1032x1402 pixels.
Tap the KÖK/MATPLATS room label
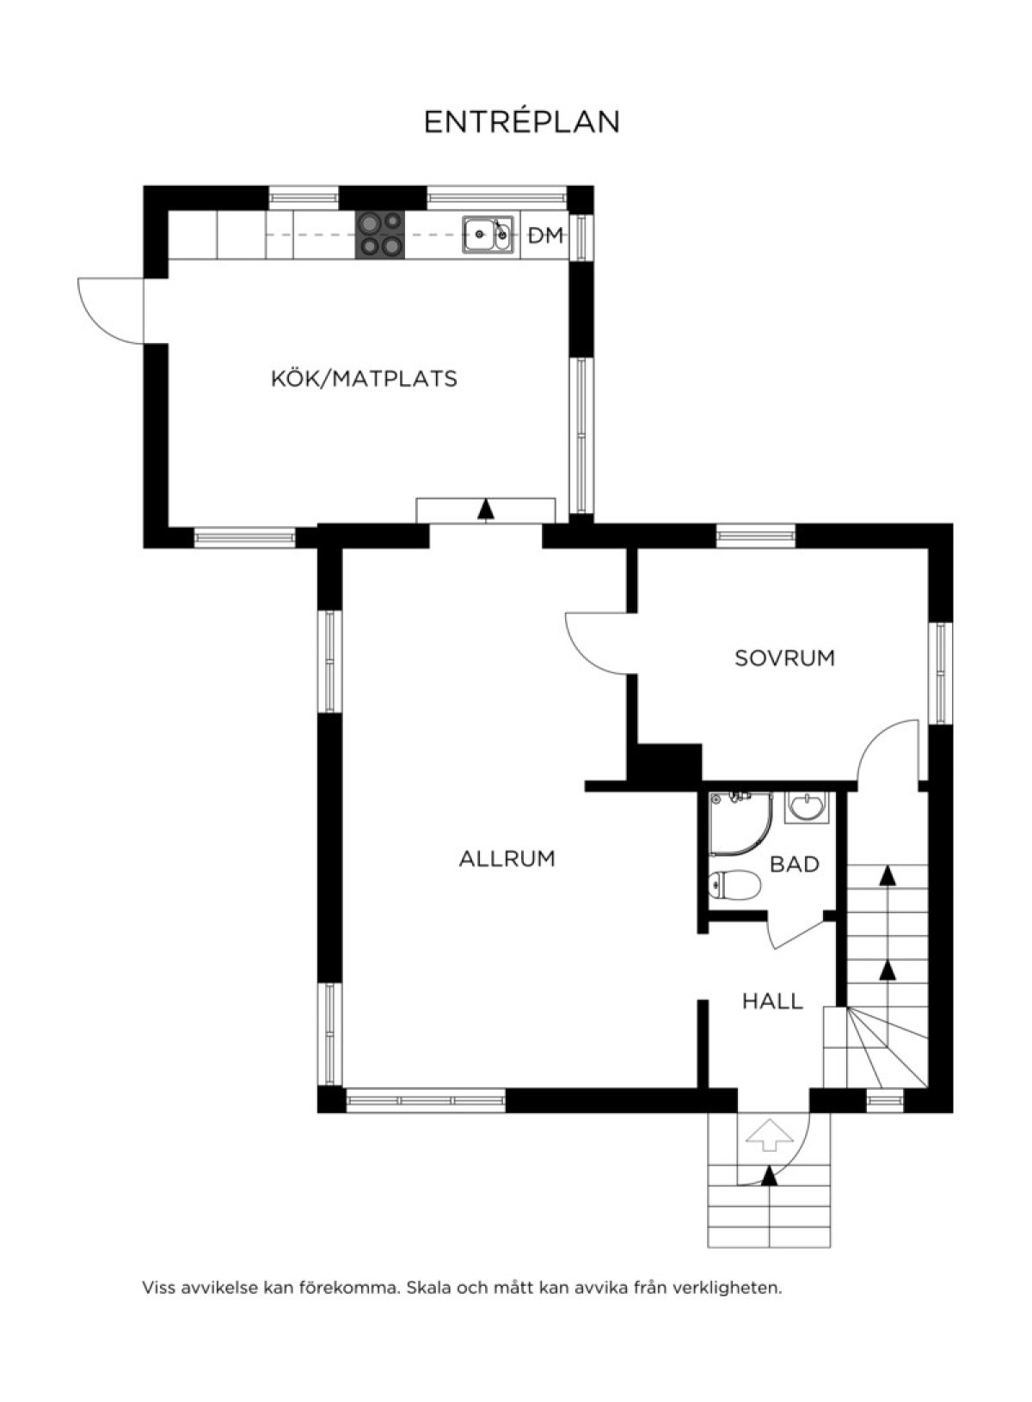[x=364, y=378]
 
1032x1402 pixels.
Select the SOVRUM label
[x=784, y=658]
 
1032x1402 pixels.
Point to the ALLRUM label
[x=507, y=858]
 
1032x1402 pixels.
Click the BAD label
[x=795, y=865]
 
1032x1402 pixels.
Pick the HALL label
[x=773, y=1001]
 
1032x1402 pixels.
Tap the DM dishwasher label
[x=546, y=236]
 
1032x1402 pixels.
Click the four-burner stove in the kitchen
[x=380, y=234]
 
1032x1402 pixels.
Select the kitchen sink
[x=488, y=235]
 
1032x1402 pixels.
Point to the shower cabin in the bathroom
[x=740, y=823]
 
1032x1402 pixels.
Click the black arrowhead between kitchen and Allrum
[x=485, y=509]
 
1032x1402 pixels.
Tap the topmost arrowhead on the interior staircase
[x=887, y=876]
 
